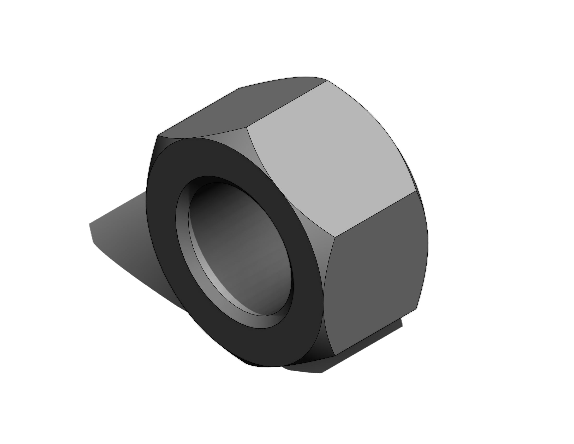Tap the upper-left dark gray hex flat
[x=237, y=110]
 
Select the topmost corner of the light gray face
[x=327, y=80]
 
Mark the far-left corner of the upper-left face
[x=158, y=136]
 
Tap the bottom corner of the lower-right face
[x=334, y=355]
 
